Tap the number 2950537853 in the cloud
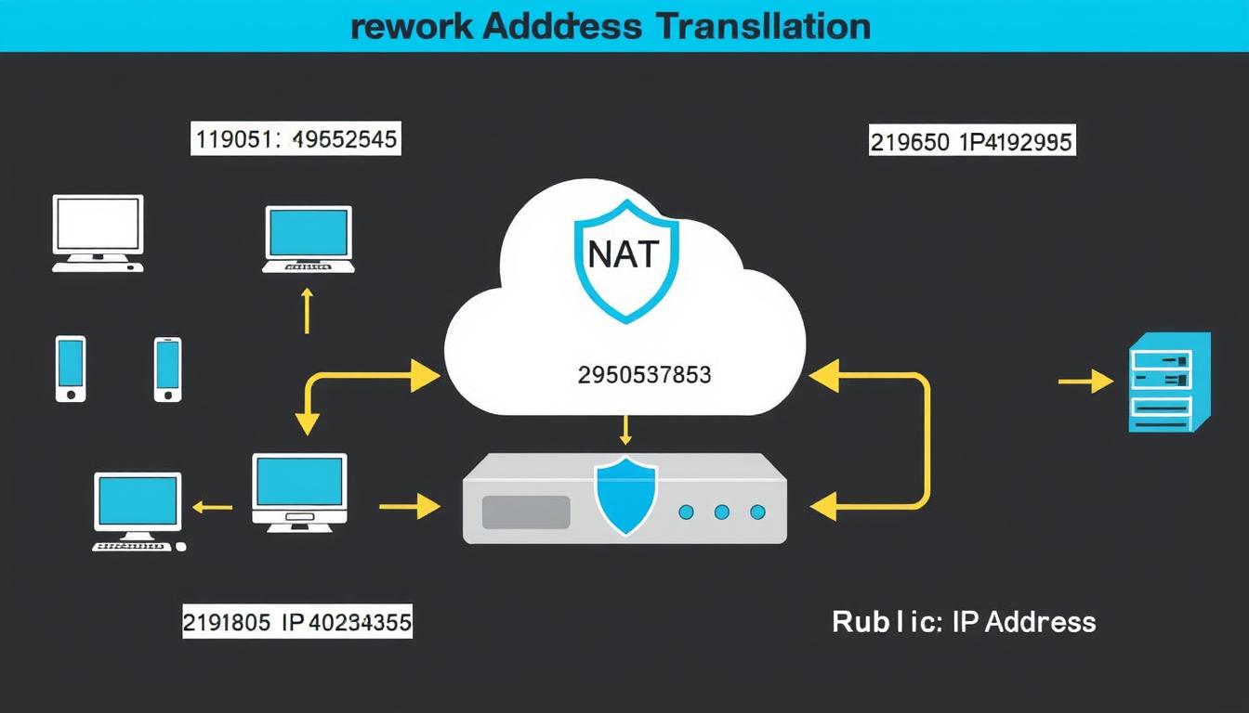pyautogui.click(x=644, y=375)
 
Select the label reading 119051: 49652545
pyautogui.click(x=296, y=140)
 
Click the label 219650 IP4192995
pyautogui.click(x=971, y=142)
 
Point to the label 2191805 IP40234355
pyautogui.click(x=296, y=622)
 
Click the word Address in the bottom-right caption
pyautogui.click(x=1040, y=622)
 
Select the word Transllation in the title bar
pyautogui.click(x=763, y=26)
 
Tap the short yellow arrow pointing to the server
pyautogui.click(x=1085, y=381)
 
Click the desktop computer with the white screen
pyautogui.click(x=98, y=232)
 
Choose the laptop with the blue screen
pyautogui.click(x=309, y=239)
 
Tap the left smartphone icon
pyautogui.click(x=71, y=369)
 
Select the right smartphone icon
pyautogui.click(x=167, y=369)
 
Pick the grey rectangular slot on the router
pyautogui.click(x=526, y=512)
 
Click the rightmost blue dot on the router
pyautogui.click(x=757, y=512)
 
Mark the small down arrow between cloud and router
pyautogui.click(x=625, y=430)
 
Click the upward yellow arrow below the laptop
pyautogui.click(x=307, y=310)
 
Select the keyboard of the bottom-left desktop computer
pyautogui.click(x=136, y=547)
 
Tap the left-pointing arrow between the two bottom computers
pyautogui.click(x=212, y=507)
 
